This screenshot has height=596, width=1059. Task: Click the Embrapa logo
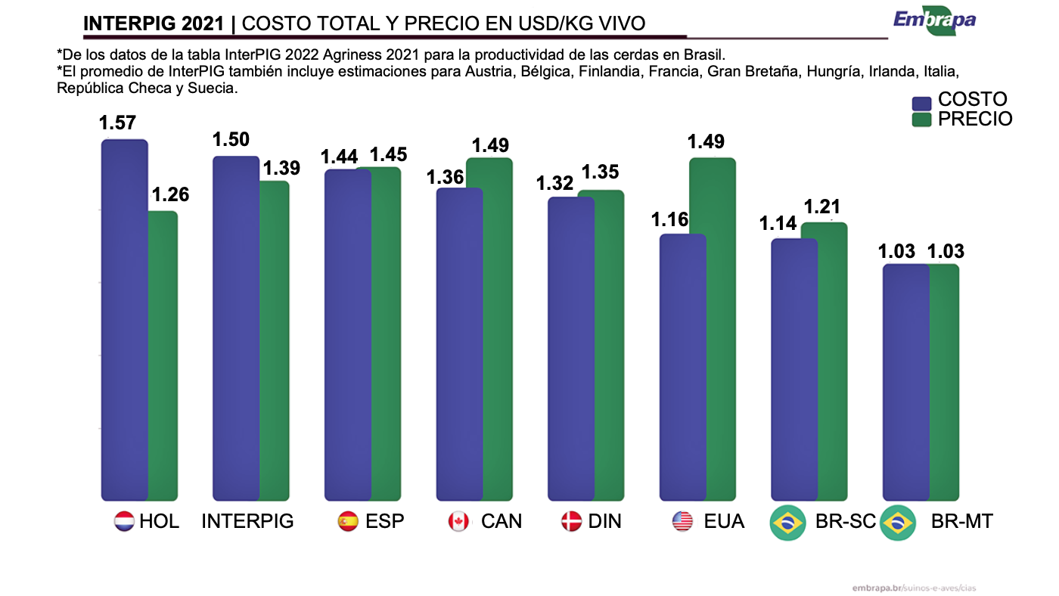(934, 20)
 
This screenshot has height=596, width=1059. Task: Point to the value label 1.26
(170, 194)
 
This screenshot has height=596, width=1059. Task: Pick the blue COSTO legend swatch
(921, 103)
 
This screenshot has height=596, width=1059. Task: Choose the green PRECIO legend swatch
(921, 120)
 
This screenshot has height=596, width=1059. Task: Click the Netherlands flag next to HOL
(123, 521)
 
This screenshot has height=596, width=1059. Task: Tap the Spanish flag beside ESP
(347, 521)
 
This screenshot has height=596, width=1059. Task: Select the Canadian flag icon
(458, 521)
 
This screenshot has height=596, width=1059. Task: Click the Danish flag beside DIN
(571, 521)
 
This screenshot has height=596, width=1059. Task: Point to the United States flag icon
(682, 521)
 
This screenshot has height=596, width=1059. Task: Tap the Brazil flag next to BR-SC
(787, 523)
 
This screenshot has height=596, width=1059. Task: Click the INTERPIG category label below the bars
(247, 521)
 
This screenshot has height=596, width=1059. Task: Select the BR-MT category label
(961, 521)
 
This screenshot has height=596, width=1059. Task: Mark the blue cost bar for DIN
(571, 348)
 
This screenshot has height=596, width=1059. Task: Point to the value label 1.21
(822, 206)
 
